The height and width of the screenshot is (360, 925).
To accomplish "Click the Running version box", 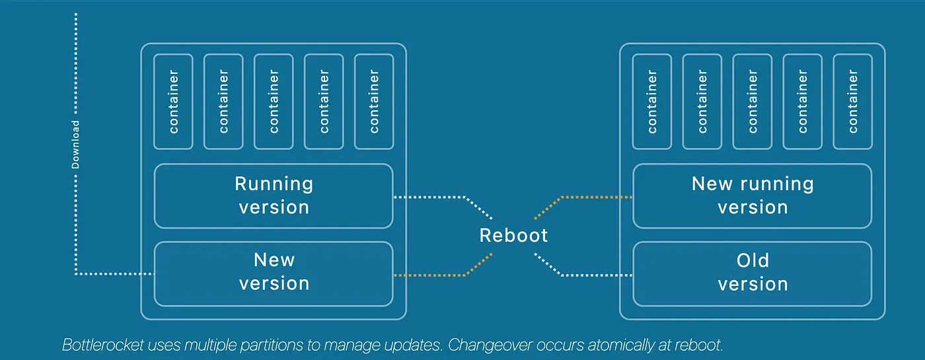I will [x=274, y=196].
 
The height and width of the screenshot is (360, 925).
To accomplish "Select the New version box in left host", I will [x=274, y=272].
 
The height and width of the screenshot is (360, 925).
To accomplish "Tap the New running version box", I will [x=753, y=196].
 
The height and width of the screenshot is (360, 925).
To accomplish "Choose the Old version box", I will [x=753, y=272].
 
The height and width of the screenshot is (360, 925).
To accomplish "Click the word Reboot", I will [x=513, y=236].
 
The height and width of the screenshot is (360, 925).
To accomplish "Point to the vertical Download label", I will [x=75, y=145].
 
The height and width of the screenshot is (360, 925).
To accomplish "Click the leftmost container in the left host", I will [x=174, y=102].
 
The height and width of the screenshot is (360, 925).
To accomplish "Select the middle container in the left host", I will [x=274, y=102].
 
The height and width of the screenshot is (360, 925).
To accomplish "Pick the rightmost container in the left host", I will [x=374, y=102].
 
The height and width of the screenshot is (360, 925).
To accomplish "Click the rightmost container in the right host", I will [x=853, y=102].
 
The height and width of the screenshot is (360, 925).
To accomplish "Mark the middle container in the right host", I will [x=753, y=102].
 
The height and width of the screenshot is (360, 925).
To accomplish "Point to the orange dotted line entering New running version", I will [x=595, y=197].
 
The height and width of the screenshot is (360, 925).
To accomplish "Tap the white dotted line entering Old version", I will [x=595, y=275].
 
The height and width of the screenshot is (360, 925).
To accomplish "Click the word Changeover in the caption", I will [x=465, y=345].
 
